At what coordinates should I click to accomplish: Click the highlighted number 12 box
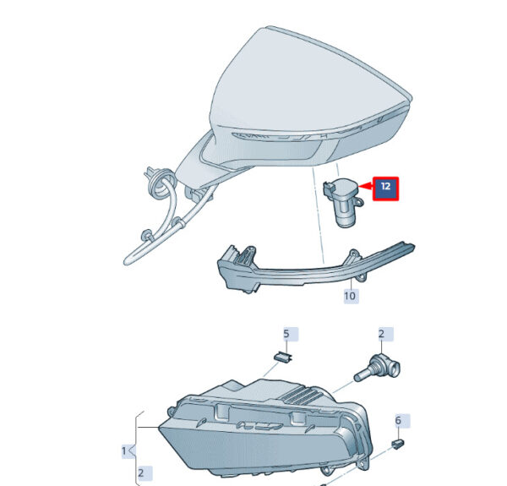click(x=386, y=188)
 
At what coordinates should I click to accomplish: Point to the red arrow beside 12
click(x=365, y=186)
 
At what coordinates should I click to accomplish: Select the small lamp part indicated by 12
click(x=343, y=202)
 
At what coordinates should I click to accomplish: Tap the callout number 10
click(x=351, y=296)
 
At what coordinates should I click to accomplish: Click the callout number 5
click(x=286, y=334)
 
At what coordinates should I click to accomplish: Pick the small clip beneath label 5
click(x=284, y=358)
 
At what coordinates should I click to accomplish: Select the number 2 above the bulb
click(x=382, y=334)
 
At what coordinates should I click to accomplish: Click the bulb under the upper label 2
click(x=378, y=369)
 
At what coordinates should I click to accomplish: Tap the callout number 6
click(x=398, y=420)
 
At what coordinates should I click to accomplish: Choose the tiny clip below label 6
click(x=398, y=444)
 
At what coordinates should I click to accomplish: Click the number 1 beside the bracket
click(x=124, y=451)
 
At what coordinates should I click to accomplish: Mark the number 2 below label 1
click(x=141, y=473)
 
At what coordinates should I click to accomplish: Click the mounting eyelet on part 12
click(x=359, y=202)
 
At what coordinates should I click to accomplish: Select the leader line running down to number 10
click(x=352, y=278)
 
